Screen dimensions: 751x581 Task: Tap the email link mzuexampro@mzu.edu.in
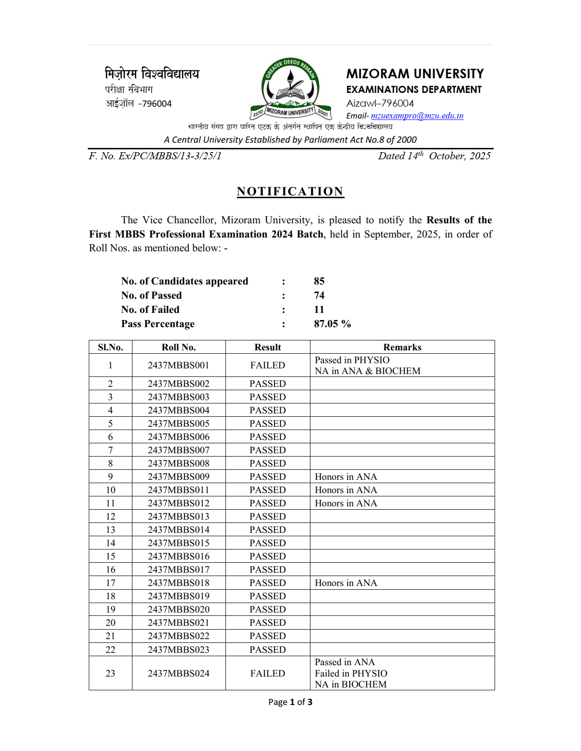tap(417, 116)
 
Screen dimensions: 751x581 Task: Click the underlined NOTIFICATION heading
tap(290, 192)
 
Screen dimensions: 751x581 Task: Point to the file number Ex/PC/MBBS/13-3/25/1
tap(155, 156)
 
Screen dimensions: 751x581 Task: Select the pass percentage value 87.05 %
tap(332, 324)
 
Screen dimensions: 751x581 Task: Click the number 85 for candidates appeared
tap(319, 281)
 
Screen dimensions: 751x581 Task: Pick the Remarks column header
tap(402, 347)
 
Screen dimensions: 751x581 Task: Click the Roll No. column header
tap(178, 347)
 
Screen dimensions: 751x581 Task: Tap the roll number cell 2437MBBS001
tap(178, 365)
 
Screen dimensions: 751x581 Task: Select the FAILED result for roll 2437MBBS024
tap(268, 673)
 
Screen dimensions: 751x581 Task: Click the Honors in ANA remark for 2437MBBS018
tap(346, 583)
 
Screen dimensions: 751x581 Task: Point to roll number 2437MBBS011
tap(178, 490)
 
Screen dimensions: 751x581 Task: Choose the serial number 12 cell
tap(111, 516)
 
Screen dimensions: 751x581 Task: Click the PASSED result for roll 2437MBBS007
tap(268, 450)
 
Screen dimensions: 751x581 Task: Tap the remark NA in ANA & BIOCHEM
tap(367, 371)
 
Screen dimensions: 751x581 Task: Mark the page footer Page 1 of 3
tap(290, 702)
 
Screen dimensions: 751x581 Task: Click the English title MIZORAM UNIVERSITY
tap(415, 74)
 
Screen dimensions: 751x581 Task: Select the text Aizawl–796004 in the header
tap(380, 103)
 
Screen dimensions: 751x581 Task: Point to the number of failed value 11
tap(319, 310)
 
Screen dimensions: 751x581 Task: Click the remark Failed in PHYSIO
tap(351, 673)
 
